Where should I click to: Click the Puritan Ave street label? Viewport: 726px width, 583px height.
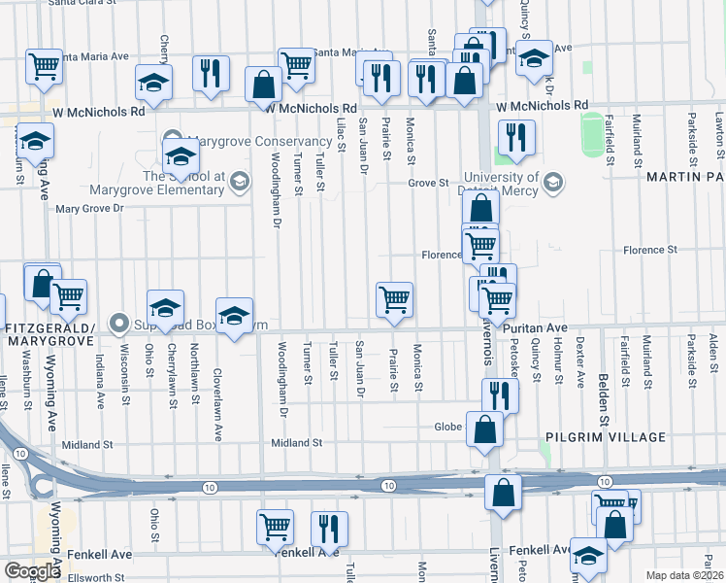tap(535, 329)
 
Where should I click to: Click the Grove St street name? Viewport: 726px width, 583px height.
tap(428, 182)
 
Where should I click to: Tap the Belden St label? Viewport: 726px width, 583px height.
tap(605, 365)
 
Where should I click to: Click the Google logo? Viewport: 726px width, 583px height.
tap(32, 571)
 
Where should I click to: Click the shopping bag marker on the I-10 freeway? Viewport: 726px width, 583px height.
tap(504, 493)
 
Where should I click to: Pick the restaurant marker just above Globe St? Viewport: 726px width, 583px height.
tap(500, 394)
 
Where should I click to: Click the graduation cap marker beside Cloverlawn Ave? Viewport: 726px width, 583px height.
tap(234, 316)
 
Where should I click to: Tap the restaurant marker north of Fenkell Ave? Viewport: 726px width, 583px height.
tap(329, 528)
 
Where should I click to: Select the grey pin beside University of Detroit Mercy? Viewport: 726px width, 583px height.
tap(552, 182)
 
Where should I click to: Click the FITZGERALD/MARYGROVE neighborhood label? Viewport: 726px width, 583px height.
tap(52, 335)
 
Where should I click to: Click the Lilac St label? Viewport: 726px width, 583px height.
tap(341, 135)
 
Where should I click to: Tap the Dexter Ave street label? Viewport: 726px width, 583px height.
tap(579, 362)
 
